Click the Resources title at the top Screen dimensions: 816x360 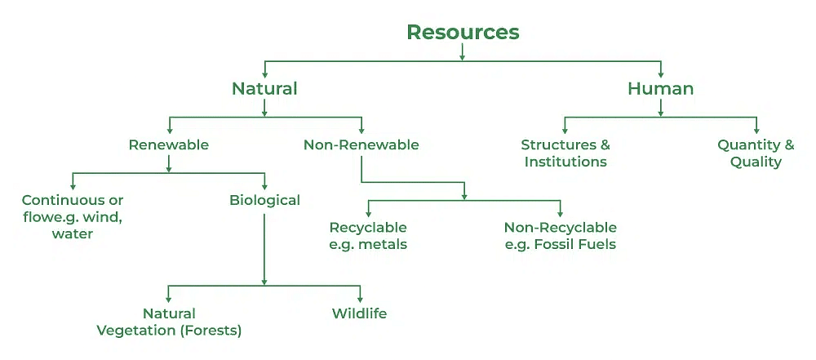(x=463, y=33)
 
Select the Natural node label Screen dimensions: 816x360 (x=264, y=88)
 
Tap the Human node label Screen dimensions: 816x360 (x=661, y=88)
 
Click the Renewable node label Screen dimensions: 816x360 (x=169, y=144)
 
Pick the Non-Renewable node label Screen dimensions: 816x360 (x=361, y=144)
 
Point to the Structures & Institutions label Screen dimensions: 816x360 (x=565, y=153)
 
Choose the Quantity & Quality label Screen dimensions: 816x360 (x=756, y=153)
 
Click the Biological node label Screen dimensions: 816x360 (x=265, y=201)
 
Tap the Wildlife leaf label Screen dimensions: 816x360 (x=360, y=313)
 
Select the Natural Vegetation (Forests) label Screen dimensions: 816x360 (x=169, y=322)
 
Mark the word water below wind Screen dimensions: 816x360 (x=73, y=233)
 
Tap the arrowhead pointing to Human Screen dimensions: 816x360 (x=661, y=74)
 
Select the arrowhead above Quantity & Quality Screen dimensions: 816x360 (x=756, y=130)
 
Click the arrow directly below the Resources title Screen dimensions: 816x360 (x=462, y=52)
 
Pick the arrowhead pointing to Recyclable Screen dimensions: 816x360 (x=368, y=213)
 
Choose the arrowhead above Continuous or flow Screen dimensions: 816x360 (x=73, y=186)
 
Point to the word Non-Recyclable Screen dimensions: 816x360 (x=561, y=228)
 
